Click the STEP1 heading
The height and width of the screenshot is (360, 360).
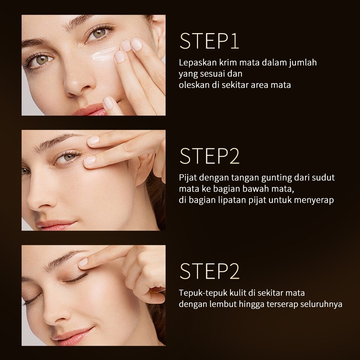pyautogui.click(x=209, y=41)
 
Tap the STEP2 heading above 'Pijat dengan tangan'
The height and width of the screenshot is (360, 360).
pyautogui.click(x=210, y=156)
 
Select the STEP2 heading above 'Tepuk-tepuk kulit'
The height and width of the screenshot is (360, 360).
pyautogui.click(x=210, y=271)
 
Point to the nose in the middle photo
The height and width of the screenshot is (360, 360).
pyautogui.click(x=40, y=195)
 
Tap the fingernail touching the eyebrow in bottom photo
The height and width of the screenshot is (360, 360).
pyautogui.click(x=83, y=262)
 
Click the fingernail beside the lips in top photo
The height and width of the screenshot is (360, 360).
pyautogui.click(x=109, y=102)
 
